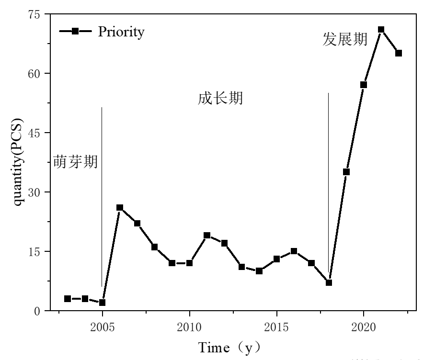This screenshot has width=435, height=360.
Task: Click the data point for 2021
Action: [x=381, y=30]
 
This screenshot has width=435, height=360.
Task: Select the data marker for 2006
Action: [x=120, y=208]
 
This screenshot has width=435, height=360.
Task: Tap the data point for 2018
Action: [x=329, y=283]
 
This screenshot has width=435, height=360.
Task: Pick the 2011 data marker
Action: [x=207, y=236]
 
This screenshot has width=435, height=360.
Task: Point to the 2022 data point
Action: [x=399, y=53]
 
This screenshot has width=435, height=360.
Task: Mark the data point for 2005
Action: [x=102, y=303]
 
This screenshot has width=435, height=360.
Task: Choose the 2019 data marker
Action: [x=346, y=172]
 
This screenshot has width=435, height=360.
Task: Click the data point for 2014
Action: [x=259, y=271]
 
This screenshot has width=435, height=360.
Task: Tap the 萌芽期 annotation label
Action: [x=75, y=162]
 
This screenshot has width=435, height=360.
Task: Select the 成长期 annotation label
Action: [x=220, y=99]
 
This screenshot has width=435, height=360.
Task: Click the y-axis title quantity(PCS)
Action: [x=18, y=162]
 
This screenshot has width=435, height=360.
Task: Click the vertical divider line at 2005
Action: [x=102, y=191]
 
